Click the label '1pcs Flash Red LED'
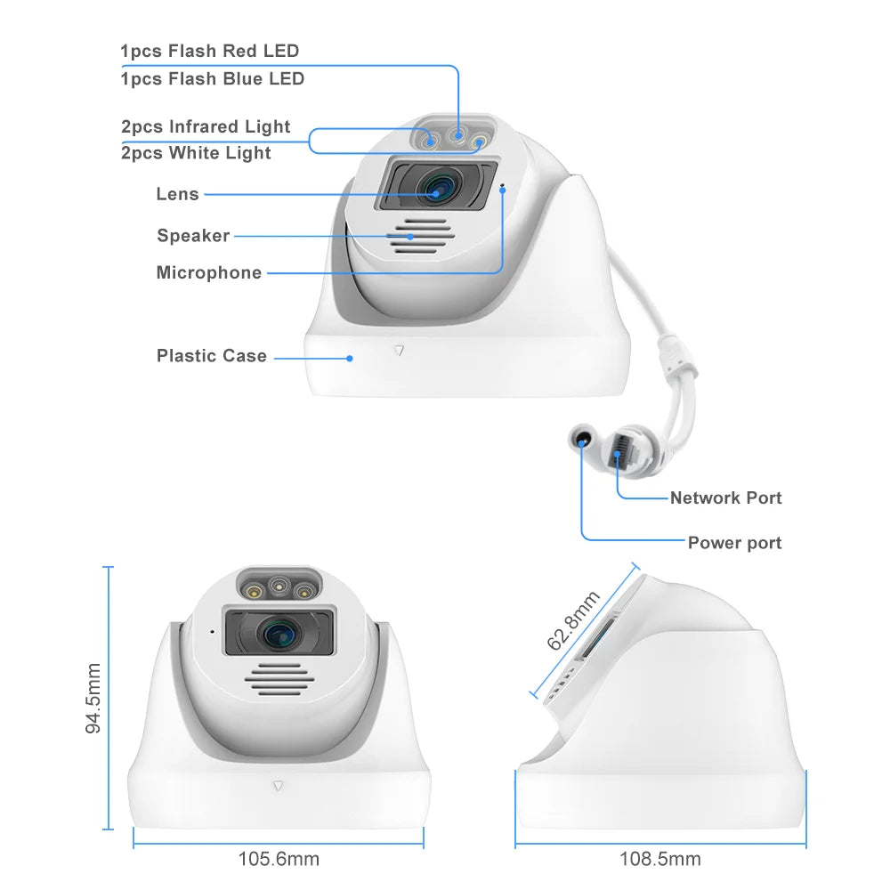(x=209, y=51)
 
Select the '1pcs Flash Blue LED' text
(x=213, y=79)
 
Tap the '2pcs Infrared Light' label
(x=206, y=126)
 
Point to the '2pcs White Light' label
(x=196, y=153)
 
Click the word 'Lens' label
(x=178, y=194)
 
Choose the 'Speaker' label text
(x=193, y=236)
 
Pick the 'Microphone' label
(x=209, y=272)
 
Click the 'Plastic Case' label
(x=212, y=356)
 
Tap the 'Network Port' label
(x=726, y=498)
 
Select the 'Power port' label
(x=734, y=543)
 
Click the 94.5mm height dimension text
(x=93, y=698)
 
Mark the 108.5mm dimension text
(x=660, y=859)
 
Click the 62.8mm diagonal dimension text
(x=573, y=620)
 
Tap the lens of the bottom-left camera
(x=279, y=633)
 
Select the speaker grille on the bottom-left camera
(x=279, y=679)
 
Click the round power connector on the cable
(x=582, y=440)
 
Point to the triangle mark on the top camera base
(x=400, y=351)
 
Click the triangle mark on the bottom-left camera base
(x=278, y=786)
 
